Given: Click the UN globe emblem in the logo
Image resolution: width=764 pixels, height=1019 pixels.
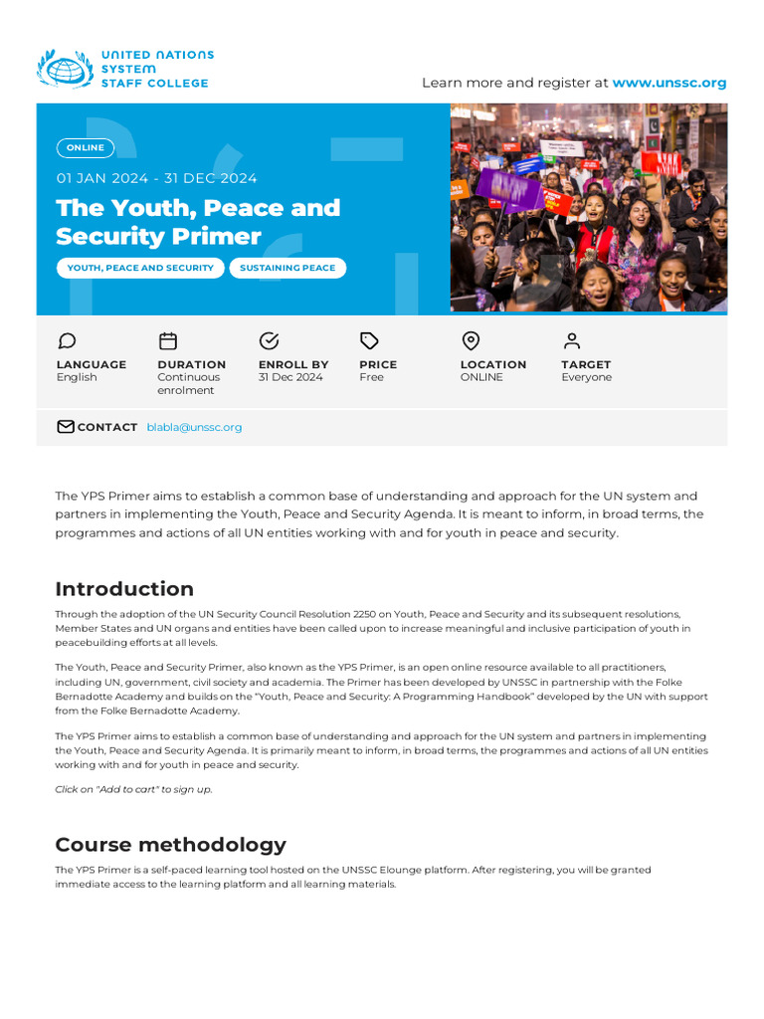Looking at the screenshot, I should tap(65, 70).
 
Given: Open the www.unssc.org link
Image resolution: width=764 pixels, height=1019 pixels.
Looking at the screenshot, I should tap(668, 83).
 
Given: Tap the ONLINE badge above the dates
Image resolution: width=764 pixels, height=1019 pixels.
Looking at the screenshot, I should tap(86, 148).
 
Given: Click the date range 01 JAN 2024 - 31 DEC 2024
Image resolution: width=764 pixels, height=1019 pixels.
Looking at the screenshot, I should tap(156, 178).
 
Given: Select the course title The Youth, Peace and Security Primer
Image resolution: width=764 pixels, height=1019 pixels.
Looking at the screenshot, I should tap(198, 222).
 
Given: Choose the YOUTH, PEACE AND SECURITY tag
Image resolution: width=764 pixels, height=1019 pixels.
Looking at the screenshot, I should tap(140, 268).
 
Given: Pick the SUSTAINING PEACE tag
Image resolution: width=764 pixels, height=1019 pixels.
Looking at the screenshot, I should tap(287, 268).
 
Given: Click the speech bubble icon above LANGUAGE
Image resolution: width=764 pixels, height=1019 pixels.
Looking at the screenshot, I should tap(67, 341).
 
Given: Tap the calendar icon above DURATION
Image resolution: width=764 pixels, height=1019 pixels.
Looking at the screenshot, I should tap(168, 341).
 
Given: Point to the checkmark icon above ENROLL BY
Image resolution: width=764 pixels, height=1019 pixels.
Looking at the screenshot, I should tap(269, 341).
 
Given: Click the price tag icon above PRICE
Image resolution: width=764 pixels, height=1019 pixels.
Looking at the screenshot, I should tap(369, 341).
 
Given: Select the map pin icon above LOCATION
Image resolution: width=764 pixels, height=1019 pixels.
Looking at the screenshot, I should tap(471, 341).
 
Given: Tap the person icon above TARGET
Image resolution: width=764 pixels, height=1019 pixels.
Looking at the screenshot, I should tap(571, 341).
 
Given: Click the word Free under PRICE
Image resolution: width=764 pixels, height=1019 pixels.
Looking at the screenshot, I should tap(371, 378).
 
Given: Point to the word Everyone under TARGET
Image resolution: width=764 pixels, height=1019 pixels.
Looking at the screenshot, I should tap(586, 378).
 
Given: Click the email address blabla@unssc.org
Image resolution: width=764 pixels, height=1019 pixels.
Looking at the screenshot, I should tap(194, 427).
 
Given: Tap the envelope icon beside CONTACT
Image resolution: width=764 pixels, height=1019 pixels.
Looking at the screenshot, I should tap(66, 427).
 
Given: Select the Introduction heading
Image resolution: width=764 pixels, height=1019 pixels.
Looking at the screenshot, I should tap(124, 588).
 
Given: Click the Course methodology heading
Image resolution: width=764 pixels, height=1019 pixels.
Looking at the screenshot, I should tap(170, 845).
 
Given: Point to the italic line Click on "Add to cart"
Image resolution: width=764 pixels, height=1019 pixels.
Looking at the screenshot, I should tap(133, 789).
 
